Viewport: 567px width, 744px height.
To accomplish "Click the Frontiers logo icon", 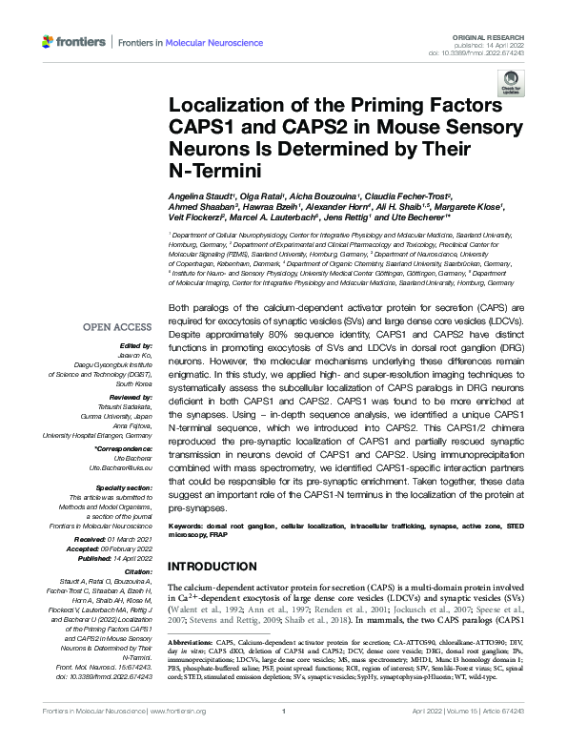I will coord(49,43).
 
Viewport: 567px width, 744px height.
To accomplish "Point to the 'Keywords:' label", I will coord(188,526).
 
